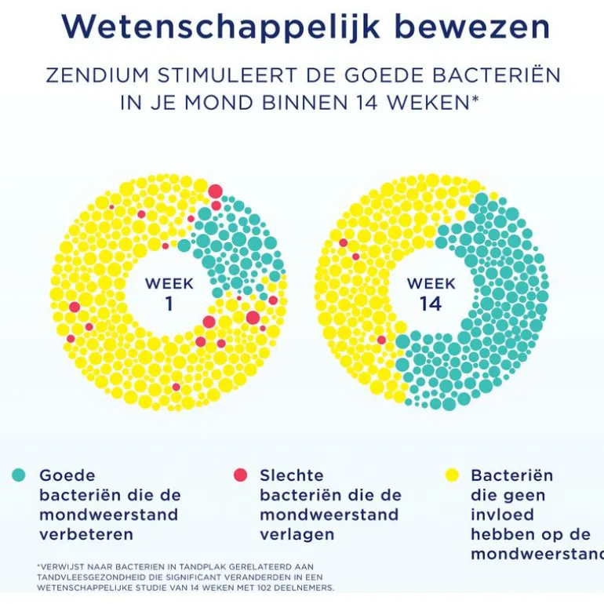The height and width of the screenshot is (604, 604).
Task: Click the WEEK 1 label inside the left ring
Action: click(x=169, y=293)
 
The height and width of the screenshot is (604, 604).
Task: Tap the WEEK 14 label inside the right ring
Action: click(x=431, y=293)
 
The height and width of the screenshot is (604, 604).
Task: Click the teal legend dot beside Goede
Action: click(x=19, y=475)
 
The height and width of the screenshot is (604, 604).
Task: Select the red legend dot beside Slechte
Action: click(x=240, y=475)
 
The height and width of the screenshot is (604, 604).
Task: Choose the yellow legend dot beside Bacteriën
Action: click(x=452, y=475)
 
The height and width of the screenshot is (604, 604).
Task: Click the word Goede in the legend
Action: click(x=67, y=475)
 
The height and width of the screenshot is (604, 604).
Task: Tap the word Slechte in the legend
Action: click(x=292, y=475)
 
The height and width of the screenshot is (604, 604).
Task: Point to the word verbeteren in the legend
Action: click(x=86, y=535)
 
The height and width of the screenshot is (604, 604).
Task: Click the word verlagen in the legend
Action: click(x=297, y=535)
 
